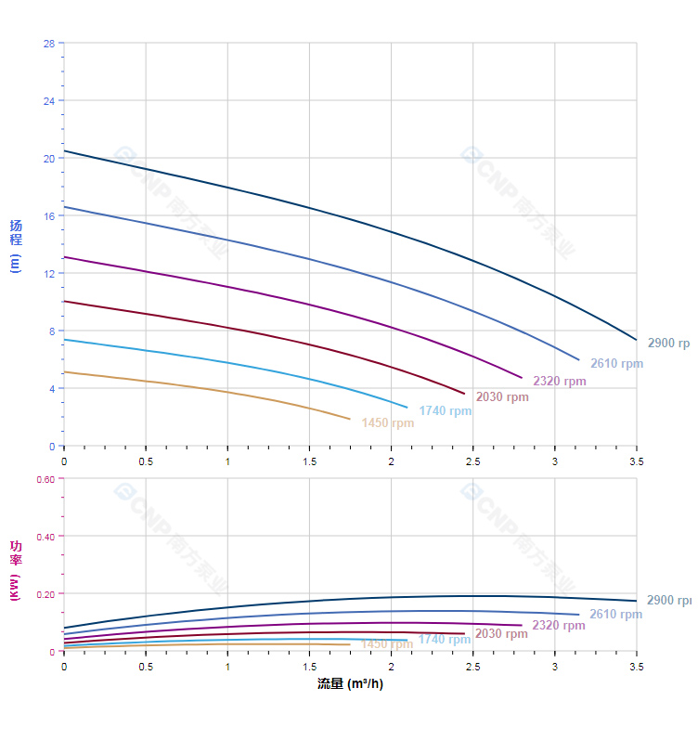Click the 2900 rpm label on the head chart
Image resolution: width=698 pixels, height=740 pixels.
click(x=668, y=344)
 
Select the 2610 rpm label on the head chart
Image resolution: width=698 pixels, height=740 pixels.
click(x=616, y=364)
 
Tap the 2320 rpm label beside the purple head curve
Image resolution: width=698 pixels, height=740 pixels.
click(x=559, y=382)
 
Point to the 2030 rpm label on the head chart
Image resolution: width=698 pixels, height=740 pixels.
click(x=502, y=397)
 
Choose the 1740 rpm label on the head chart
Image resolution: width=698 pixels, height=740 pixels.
click(x=445, y=411)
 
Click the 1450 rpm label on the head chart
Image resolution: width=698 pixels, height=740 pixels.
click(x=388, y=423)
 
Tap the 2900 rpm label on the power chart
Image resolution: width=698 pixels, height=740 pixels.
click(x=668, y=601)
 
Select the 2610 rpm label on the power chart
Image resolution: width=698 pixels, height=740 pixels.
click(x=615, y=615)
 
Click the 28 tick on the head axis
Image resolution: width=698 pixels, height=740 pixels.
click(x=48, y=44)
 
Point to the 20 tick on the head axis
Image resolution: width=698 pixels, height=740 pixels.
click(x=48, y=158)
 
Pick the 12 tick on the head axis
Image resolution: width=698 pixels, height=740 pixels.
click(x=48, y=273)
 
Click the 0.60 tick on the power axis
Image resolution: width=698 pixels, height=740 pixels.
click(x=45, y=479)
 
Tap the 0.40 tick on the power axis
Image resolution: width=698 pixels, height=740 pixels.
click(x=45, y=537)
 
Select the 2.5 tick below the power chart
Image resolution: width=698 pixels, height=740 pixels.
click(x=473, y=667)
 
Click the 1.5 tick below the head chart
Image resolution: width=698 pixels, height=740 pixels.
click(x=309, y=461)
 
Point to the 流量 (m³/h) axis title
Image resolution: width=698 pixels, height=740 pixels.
click(x=350, y=684)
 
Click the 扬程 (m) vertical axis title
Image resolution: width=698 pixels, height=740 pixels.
click(x=16, y=245)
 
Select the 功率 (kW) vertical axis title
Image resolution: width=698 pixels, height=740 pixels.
click(x=16, y=570)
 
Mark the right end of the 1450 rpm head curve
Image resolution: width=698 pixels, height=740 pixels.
click(x=350, y=419)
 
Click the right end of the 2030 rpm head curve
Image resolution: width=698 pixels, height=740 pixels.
click(x=464, y=394)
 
